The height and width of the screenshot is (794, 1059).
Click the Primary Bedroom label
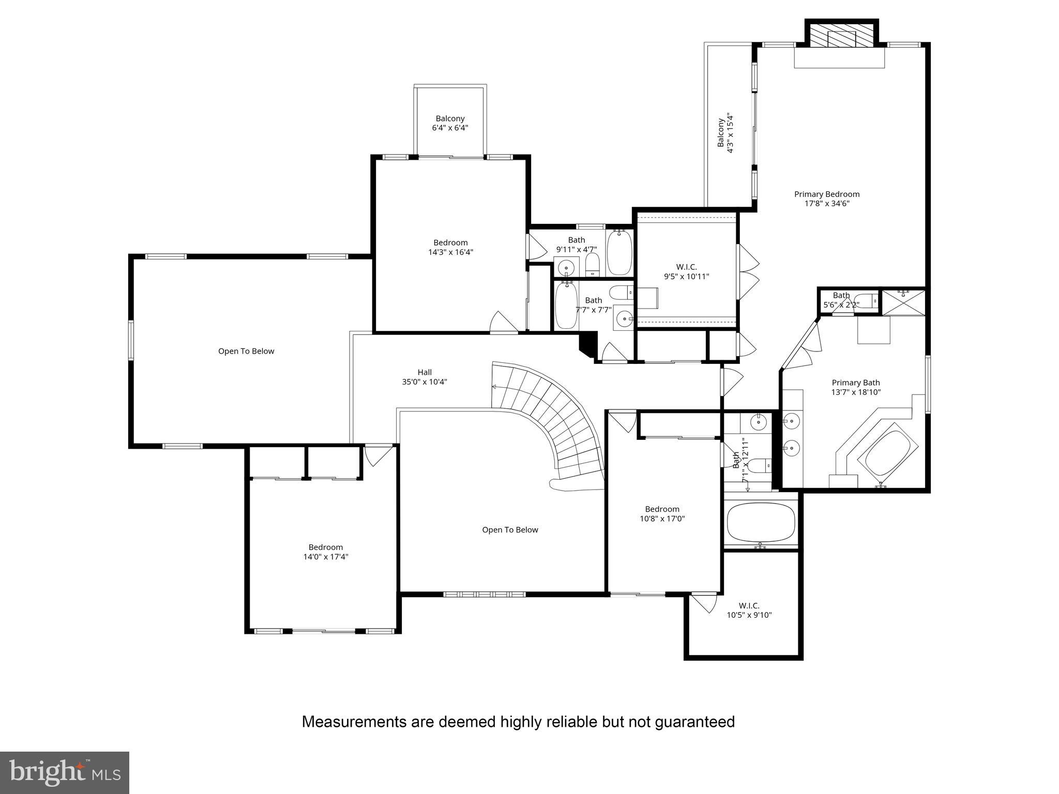tap(826, 194)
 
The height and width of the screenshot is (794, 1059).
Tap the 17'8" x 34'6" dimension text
tap(826, 204)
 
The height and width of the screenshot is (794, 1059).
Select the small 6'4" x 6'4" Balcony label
tap(450, 123)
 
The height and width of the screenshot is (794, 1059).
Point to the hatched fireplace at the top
tap(842, 37)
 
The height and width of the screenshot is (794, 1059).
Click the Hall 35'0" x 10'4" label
tap(424, 377)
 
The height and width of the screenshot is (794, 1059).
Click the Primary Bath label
tap(855, 383)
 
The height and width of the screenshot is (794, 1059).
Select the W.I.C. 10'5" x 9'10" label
tap(749, 610)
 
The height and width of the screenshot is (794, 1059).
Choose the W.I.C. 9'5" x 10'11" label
tap(686, 272)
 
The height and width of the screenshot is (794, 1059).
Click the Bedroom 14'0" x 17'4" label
tap(325, 552)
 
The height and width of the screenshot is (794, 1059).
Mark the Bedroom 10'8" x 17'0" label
tap(662, 514)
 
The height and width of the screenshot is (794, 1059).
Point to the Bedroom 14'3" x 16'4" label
tap(450, 247)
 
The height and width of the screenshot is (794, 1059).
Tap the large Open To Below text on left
tap(246, 352)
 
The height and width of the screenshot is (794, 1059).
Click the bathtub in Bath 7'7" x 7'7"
tap(566, 305)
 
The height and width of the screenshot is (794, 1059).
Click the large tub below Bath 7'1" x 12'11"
tap(760, 522)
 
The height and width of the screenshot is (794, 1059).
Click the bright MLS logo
tap(65, 773)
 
